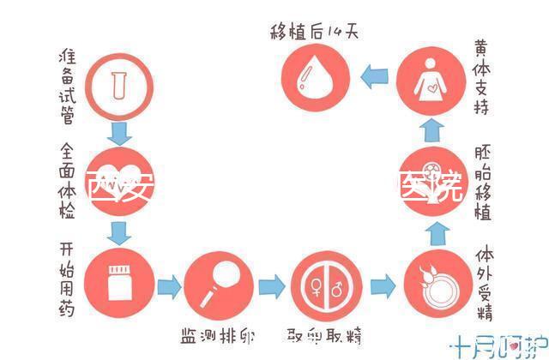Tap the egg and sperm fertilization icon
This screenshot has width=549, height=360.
point(431,284)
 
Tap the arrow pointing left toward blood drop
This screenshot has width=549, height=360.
point(374,79)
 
